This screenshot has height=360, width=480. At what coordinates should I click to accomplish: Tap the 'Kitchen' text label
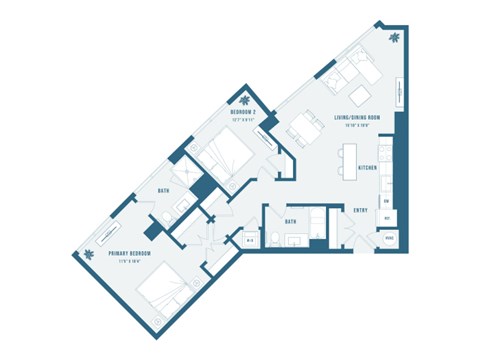tap(367, 169)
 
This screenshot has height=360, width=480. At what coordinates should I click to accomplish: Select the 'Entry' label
tap(362, 210)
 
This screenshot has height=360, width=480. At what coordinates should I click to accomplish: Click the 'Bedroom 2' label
tap(245, 113)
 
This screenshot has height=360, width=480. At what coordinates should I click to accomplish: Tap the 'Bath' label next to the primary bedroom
tap(164, 190)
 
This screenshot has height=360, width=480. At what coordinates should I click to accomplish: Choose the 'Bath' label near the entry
tap(290, 222)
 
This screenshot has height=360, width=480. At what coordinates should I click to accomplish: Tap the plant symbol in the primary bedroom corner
tap(88, 255)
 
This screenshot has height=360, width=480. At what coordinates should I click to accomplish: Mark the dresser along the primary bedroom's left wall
tap(103, 240)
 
